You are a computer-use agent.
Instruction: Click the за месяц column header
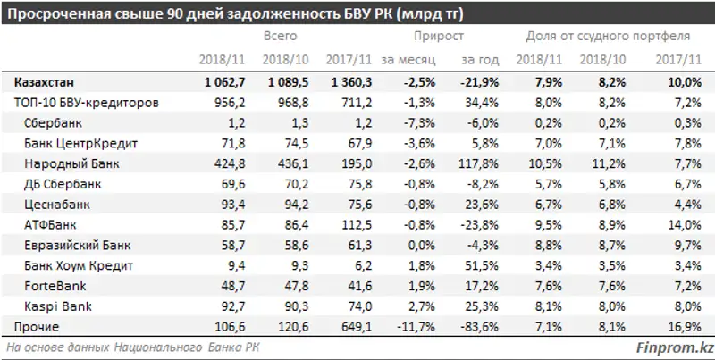point(408,59)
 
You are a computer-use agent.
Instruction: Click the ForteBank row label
point(60,287)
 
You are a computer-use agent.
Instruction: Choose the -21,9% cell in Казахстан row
point(480,82)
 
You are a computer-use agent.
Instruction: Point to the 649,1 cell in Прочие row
point(344,327)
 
